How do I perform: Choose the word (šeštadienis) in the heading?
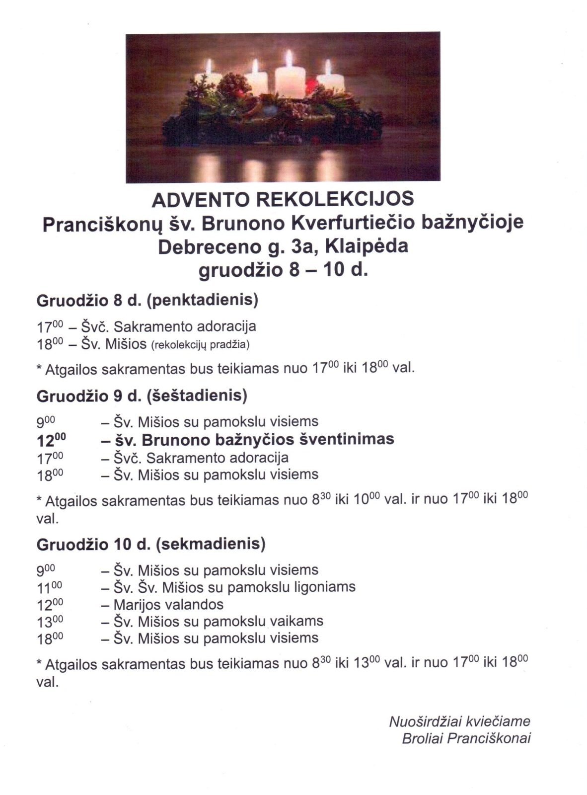197,396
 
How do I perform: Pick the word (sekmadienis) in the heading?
210,544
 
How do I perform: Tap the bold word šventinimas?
343,439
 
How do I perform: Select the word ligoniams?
325,587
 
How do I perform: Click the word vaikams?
297,621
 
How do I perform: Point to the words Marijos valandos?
168,604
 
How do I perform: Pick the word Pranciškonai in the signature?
489,738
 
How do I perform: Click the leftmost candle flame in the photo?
209,65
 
